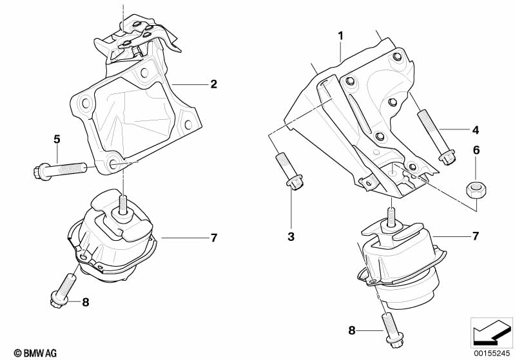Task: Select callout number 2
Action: pyautogui.click(x=213, y=84)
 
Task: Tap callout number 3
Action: pyautogui.click(x=291, y=237)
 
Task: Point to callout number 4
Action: pyautogui.click(x=475, y=130)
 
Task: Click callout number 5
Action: pyautogui.click(x=57, y=138)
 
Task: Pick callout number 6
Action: pyautogui.click(x=476, y=150)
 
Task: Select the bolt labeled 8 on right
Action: pyautogui.click(x=391, y=328)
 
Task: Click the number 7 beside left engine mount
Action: pyautogui.click(x=213, y=238)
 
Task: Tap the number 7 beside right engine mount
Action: pyautogui.click(x=475, y=236)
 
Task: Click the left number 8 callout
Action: pyautogui.click(x=85, y=301)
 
